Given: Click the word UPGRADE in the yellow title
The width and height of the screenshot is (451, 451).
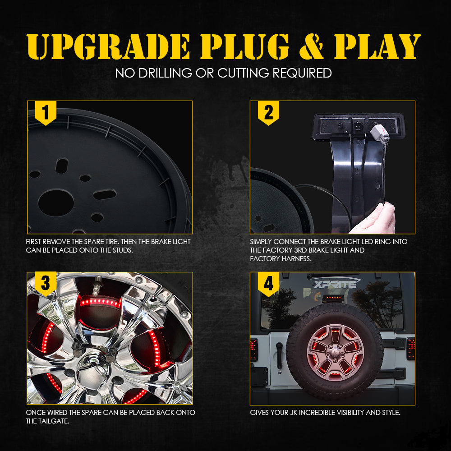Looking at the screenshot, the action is pyautogui.click(x=108, y=46).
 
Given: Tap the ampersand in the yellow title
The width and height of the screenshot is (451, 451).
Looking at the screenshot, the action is pyautogui.click(x=311, y=46).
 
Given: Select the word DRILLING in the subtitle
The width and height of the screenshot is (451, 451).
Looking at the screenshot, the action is pyautogui.click(x=165, y=73).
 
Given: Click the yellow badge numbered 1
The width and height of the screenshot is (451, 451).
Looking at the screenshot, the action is pyautogui.click(x=46, y=113).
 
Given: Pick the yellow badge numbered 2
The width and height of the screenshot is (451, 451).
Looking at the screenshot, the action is pyautogui.click(x=268, y=113).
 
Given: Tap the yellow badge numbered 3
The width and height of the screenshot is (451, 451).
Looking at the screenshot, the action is pyautogui.click(x=46, y=284).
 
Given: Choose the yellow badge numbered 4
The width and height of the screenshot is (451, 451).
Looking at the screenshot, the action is pyautogui.click(x=268, y=284).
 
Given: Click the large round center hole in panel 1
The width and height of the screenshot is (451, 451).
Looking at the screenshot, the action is pyautogui.click(x=56, y=202).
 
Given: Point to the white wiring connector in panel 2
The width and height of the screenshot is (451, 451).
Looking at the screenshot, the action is pyautogui.click(x=380, y=133).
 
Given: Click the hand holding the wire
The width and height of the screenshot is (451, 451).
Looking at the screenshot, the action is pyautogui.click(x=373, y=219).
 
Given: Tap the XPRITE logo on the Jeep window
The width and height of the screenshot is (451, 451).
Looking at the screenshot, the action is pyautogui.click(x=335, y=283).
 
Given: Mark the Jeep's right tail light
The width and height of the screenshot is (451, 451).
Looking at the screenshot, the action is pyautogui.click(x=411, y=349).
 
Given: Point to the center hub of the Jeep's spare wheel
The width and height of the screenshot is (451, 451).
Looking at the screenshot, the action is pyautogui.click(x=335, y=352).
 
